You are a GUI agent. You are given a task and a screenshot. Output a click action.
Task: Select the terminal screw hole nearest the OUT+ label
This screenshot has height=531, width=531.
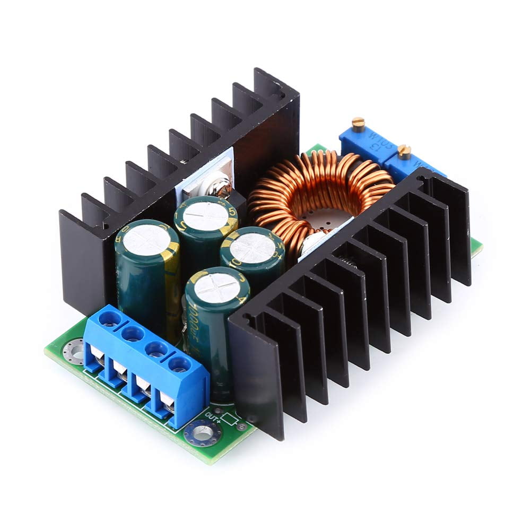(x=180, y=365)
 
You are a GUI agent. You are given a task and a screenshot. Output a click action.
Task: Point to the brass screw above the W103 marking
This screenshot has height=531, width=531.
(x=358, y=123)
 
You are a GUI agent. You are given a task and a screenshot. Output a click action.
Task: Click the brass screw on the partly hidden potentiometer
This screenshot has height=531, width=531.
(x=405, y=153)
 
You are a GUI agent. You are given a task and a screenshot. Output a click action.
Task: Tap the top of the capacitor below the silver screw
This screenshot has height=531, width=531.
(x=206, y=212)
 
